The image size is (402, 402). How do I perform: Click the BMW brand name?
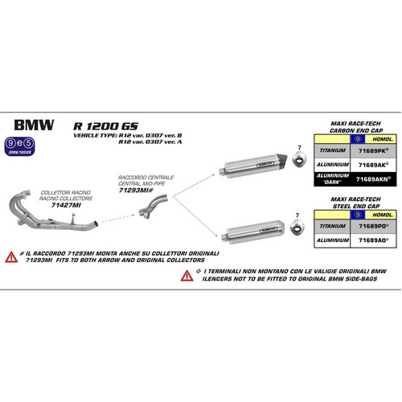tap(34, 126)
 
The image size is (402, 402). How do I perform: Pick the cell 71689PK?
tap(371, 149)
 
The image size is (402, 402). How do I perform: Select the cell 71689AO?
tap(371, 239)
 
